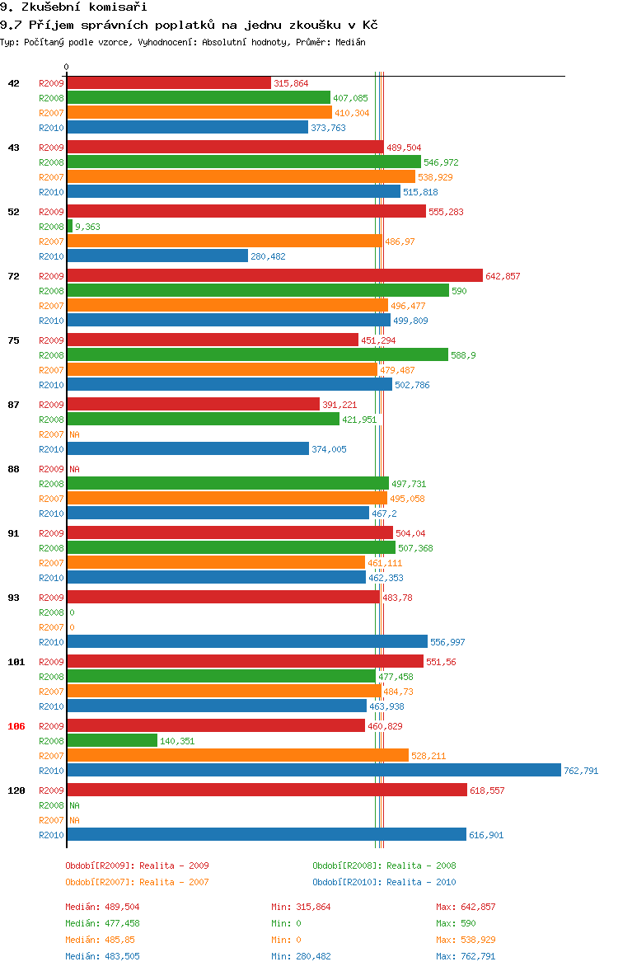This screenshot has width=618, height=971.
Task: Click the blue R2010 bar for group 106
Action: click(x=314, y=770)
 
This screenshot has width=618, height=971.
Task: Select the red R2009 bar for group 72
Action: click(x=274, y=275)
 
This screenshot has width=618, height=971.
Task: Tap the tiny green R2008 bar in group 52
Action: click(x=70, y=226)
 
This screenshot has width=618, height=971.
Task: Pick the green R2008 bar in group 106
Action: click(x=112, y=740)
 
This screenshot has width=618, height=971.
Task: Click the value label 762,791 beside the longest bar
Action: click(x=581, y=771)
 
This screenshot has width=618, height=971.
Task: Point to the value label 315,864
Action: click(x=291, y=83)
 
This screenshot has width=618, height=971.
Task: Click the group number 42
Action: click(x=14, y=83)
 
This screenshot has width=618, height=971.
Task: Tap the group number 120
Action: click(x=16, y=790)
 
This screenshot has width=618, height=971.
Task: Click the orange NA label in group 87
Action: click(x=74, y=434)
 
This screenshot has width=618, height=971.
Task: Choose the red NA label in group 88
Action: click(x=74, y=469)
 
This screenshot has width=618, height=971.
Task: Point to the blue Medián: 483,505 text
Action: click(x=102, y=956)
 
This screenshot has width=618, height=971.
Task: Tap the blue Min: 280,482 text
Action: click(x=301, y=956)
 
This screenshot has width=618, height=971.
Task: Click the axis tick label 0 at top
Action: click(x=66, y=67)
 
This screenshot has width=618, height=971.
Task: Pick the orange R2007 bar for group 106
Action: click(x=237, y=755)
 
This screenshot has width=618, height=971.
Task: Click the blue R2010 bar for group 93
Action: click(x=247, y=641)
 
